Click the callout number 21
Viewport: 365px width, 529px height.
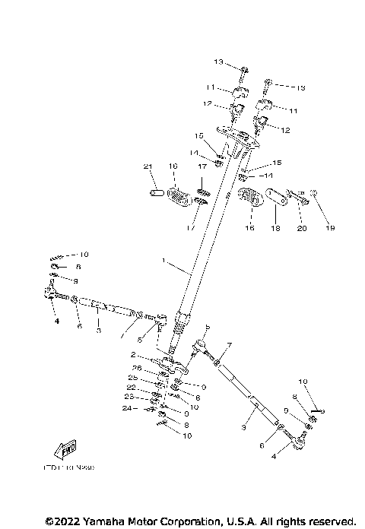[148, 166]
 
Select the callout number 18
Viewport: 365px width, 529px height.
[276, 227]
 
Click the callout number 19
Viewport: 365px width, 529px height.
[330, 227]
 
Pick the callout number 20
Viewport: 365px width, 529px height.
[301, 227]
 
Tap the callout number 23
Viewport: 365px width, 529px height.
[130, 397]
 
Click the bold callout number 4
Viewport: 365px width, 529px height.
[56, 321]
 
